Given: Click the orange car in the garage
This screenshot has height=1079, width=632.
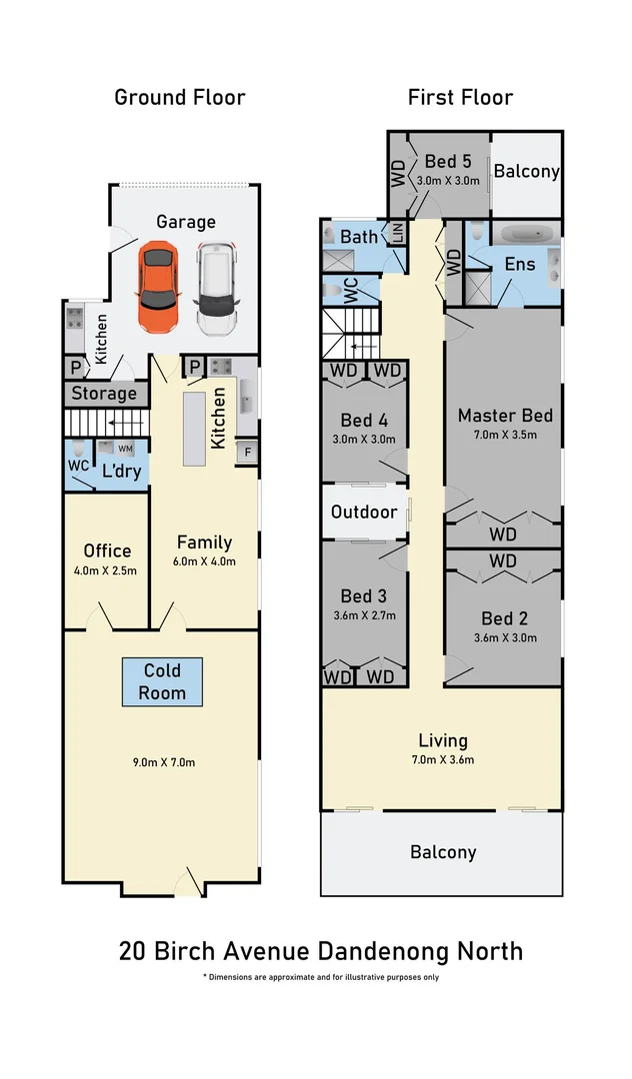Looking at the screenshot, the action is (x=158, y=286).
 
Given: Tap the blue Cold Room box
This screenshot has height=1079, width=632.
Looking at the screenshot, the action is (x=162, y=681).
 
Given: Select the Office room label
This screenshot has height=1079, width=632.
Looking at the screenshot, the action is (x=107, y=550).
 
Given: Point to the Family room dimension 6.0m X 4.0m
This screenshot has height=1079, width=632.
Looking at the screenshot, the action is (x=204, y=560).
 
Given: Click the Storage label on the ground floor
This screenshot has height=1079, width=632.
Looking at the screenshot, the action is (x=104, y=394).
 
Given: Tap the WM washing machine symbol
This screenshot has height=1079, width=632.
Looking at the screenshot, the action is (x=125, y=449).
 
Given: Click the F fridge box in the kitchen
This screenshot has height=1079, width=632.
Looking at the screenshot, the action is (x=248, y=453).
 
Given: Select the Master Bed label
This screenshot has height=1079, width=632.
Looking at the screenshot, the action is (x=505, y=416).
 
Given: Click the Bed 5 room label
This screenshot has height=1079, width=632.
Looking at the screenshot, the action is (x=448, y=161).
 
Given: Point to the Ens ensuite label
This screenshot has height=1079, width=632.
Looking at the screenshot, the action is (x=520, y=264).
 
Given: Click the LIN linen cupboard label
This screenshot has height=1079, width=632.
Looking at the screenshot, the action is (x=397, y=233).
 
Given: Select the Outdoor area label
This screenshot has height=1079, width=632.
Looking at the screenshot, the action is (x=364, y=512).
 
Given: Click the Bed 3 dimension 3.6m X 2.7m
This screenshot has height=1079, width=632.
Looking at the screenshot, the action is (x=364, y=615).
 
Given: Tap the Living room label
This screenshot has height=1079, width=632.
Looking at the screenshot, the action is (x=443, y=740).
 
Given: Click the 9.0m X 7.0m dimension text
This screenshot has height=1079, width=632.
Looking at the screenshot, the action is (x=164, y=761).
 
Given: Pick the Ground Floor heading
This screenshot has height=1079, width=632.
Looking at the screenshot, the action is (x=180, y=97).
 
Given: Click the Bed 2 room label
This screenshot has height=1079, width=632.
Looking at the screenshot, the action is (x=505, y=618).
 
